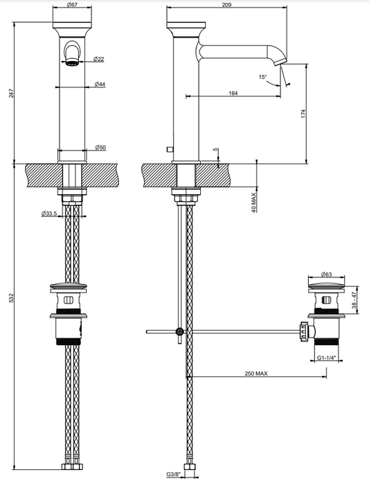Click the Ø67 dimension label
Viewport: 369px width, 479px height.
[72, 5]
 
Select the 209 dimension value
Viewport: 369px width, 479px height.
[226, 5]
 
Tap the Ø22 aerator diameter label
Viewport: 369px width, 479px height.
[98, 59]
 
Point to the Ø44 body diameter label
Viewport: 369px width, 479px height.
[100, 84]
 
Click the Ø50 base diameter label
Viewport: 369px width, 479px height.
[100, 148]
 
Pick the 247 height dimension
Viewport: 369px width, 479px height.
[11, 93]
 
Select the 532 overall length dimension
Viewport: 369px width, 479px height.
[11, 298]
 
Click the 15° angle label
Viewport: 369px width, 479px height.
[262, 77]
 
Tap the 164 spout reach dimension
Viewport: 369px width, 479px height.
[233, 93]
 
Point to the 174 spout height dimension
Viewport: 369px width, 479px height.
[303, 114]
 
